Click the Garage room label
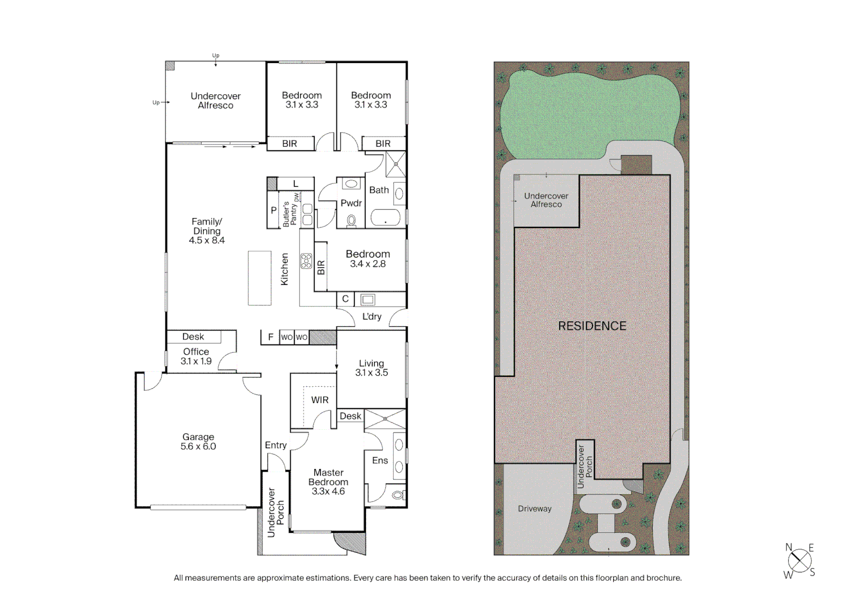click(198, 441)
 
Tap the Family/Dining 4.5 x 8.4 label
click(207, 231)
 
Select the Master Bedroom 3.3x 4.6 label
click(328, 482)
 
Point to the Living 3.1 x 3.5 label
click(371, 368)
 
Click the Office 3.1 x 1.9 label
click(196, 356)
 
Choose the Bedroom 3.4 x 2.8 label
click(368, 259)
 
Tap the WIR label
click(320, 400)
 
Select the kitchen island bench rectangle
click(260, 278)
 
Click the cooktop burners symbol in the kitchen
click(306, 261)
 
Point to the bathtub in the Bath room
click(385, 218)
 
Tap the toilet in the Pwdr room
click(351, 221)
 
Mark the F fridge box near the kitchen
click(271, 337)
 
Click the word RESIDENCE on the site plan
click(592, 326)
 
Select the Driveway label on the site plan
click(535, 508)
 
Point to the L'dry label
click(372, 317)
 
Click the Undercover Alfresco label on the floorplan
click(216, 100)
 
